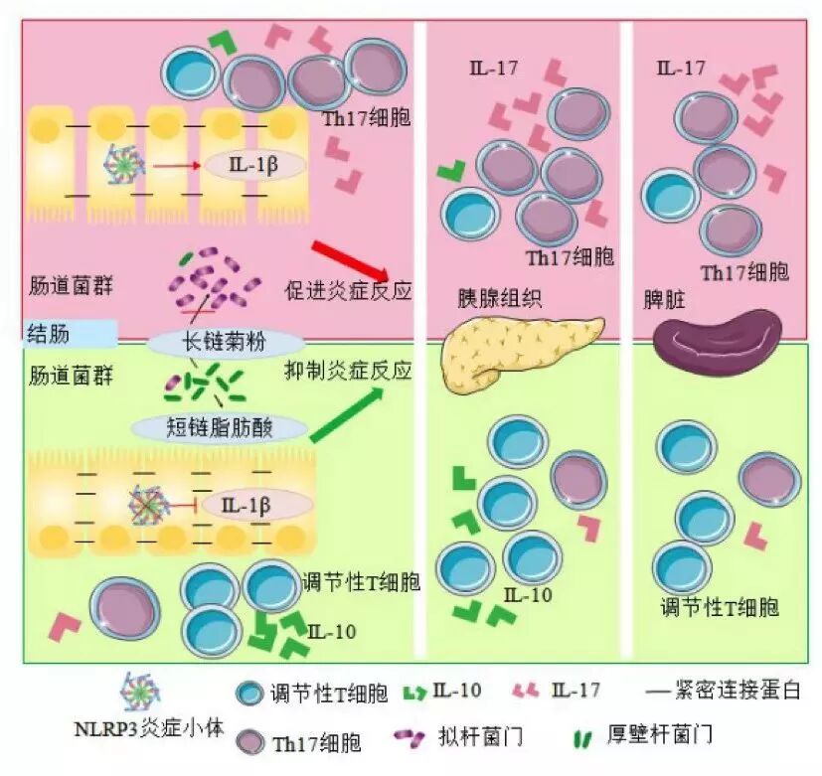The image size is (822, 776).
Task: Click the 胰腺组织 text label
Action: click(485, 298)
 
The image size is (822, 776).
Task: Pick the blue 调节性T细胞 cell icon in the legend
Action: click(249, 694)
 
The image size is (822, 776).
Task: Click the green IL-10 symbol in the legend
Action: click(416, 691)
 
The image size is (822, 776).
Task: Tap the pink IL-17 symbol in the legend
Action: click(527, 691)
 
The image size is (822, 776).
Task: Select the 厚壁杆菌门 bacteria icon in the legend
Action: click(582, 738)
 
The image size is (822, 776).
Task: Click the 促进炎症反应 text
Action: click(347, 292)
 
